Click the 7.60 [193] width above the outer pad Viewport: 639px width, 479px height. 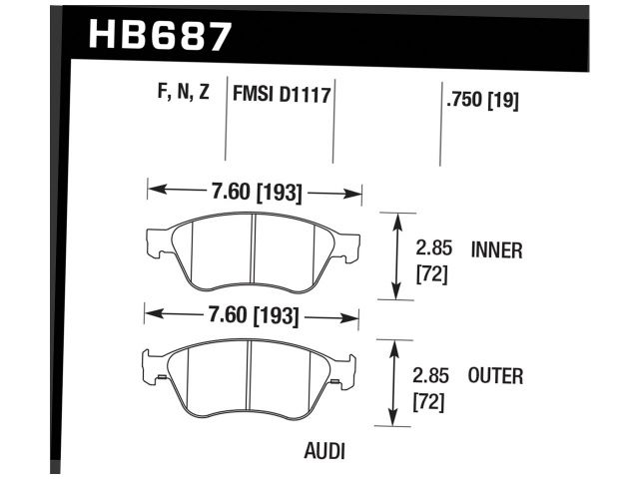tap(254, 317)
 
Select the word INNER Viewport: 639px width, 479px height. tap(496, 250)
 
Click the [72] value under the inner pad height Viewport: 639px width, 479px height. tap(430, 273)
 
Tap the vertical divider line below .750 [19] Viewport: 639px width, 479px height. tap(440, 140)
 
